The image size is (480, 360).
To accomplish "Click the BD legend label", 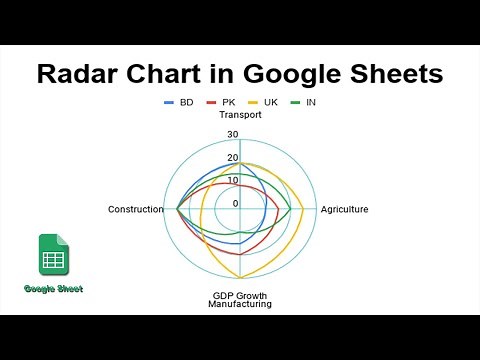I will tap(186, 102).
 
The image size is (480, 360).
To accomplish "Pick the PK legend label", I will tap(228, 102).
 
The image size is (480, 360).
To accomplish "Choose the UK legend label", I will tap(270, 102).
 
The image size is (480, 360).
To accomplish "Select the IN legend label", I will tap(311, 102).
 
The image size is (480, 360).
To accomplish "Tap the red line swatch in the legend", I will tap(211, 102).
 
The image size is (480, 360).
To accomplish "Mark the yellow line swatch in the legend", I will tap(253, 102).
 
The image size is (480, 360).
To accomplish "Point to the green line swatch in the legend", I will tap(296, 102).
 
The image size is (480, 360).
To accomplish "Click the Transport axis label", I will tap(240, 114).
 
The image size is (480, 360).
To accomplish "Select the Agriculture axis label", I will tap(344, 209).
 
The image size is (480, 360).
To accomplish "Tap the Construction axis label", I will tap(135, 209).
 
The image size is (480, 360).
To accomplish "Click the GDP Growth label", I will tap(240, 295).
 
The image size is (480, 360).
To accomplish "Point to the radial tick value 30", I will tap(233, 135).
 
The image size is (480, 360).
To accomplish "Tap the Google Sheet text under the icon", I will tap(54, 288).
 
